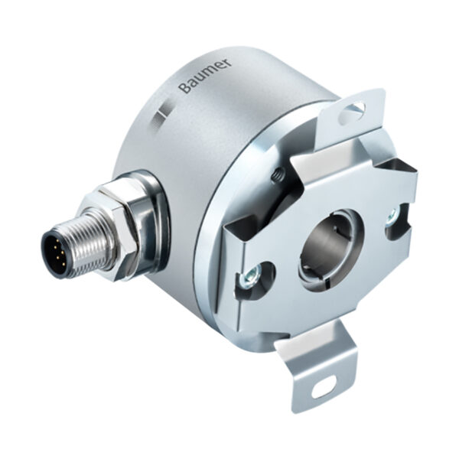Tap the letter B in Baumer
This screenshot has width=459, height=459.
coord(183,90)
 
